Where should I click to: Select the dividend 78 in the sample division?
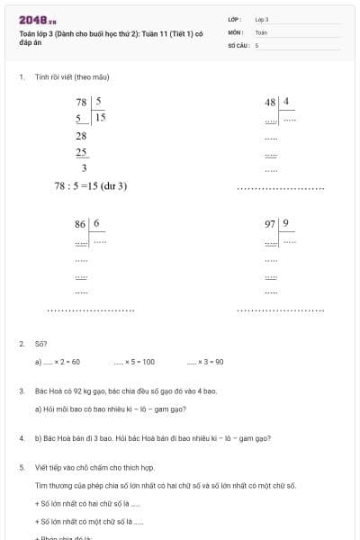click(82, 103)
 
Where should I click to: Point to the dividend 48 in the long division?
click(271, 103)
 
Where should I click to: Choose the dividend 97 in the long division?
click(271, 223)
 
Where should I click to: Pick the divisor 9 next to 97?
click(285, 223)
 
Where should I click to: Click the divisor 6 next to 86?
click(96, 223)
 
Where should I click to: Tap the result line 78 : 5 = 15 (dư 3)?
click(91, 185)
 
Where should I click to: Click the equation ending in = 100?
click(135, 362)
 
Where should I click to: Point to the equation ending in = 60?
click(59, 362)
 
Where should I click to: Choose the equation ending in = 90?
click(205, 362)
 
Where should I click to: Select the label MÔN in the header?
click(235, 31)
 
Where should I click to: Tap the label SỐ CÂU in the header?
click(238, 44)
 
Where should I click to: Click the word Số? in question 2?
click(40, 343)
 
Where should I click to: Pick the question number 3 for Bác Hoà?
click(21, 391)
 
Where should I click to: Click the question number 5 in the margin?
click(21, 468)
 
